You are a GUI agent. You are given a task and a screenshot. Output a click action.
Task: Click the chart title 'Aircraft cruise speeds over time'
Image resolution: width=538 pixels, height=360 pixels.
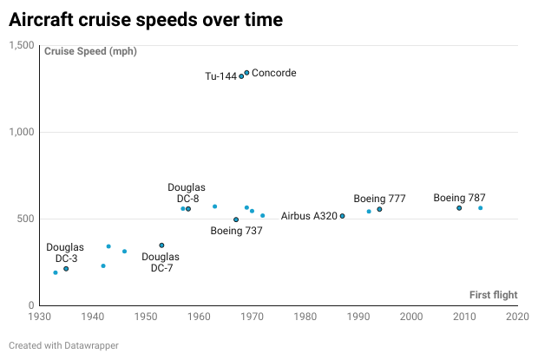pos(147,18)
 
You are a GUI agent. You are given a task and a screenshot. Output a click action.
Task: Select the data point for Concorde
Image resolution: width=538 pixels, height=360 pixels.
pos(246,73)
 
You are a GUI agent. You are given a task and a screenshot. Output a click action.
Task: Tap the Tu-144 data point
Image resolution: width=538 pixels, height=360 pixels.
pos(241,76)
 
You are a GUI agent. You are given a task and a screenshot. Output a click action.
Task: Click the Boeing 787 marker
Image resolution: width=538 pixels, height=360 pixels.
pos(459,208)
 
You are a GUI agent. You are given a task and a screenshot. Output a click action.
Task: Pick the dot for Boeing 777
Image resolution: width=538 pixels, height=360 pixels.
pos(379,209)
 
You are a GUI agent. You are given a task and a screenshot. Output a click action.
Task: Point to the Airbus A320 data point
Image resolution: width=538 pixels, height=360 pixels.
pos(342,216)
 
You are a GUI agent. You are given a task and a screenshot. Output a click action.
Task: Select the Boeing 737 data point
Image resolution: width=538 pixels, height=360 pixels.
pos(236,219)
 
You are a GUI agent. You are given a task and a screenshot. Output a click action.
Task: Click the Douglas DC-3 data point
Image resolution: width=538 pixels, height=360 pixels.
pos(66,269)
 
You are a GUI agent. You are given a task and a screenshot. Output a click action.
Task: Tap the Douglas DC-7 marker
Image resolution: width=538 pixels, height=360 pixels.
pos(161,245)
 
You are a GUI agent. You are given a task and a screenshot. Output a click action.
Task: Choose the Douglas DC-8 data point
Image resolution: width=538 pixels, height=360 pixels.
pos(188,209)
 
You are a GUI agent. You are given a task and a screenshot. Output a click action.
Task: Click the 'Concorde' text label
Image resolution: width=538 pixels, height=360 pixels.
pos(273,73)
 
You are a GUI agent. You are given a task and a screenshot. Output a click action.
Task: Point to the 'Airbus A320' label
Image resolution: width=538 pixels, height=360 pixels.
pos(309,216)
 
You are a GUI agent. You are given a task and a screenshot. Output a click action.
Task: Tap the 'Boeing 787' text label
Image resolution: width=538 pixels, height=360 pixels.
pos(459,198)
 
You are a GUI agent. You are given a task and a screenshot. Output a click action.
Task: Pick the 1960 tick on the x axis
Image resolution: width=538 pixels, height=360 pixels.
pos(199,317)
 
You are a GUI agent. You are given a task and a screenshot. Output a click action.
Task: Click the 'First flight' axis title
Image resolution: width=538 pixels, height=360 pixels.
pos(493,295)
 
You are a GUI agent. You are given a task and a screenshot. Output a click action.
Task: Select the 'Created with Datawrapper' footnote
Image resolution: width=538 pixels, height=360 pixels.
pos(63,345)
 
